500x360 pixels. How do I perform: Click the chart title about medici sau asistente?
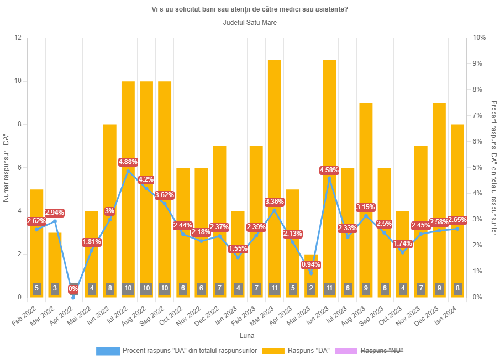250,9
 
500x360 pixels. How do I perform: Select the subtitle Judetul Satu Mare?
250,23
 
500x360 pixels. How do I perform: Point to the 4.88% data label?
128,162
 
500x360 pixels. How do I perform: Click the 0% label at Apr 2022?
73,289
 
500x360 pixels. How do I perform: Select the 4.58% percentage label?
329,170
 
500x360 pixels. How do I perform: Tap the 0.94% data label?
311,264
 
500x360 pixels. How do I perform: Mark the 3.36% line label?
275,202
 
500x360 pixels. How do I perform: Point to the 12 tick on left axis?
18,38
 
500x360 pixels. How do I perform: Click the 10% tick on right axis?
479,38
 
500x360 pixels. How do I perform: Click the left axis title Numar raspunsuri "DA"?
6,167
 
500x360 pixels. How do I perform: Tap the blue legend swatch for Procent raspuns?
108,351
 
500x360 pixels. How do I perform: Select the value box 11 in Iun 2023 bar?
329,288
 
